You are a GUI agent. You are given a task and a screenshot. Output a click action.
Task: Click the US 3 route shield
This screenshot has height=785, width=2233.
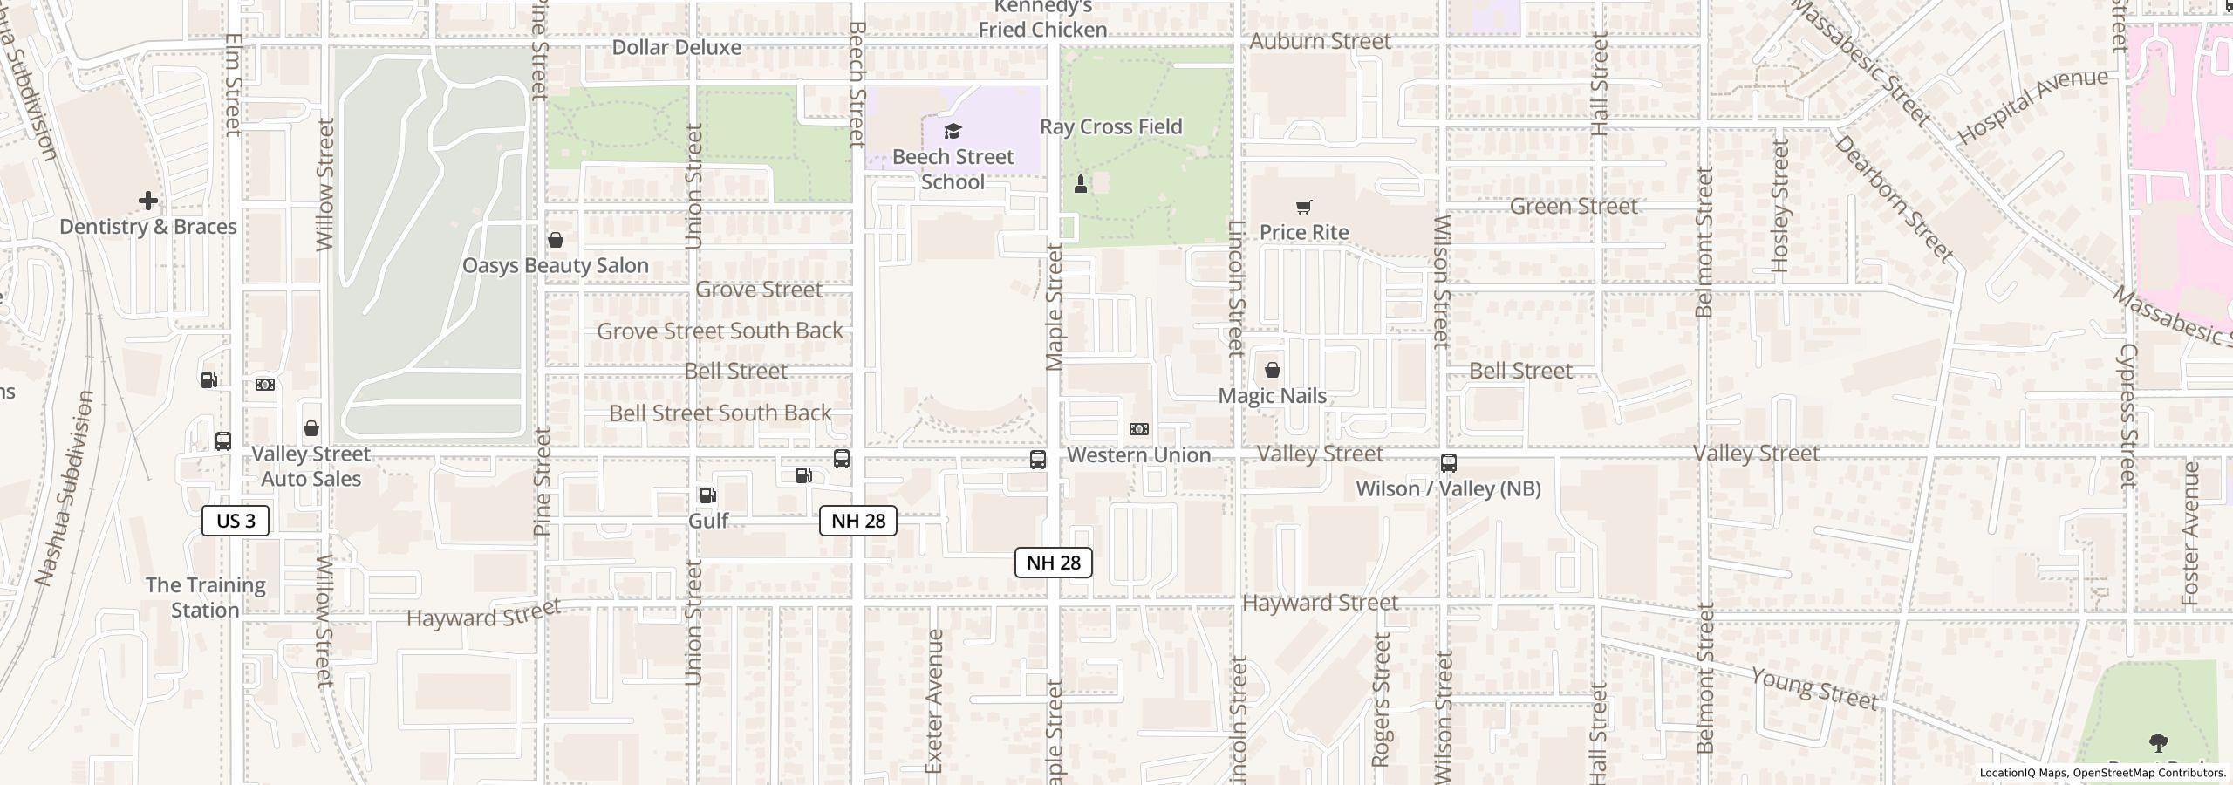pyautogui.click(x=236, y=521)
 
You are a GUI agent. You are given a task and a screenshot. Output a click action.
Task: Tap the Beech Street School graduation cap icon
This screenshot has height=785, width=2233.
pyautogui.click(x=953, y=132)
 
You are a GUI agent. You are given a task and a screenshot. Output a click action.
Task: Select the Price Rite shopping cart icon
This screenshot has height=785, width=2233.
pyautogui.click(x=1303, y=207)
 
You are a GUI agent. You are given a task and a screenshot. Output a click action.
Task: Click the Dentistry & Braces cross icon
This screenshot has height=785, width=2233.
pyautogui.click(x=148, y=201)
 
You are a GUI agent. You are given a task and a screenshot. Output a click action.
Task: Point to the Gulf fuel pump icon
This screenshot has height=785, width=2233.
pyautogui.click(x=707, y=495)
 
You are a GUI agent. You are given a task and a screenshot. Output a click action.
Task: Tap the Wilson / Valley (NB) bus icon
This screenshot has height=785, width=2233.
pyautogui.click(x=1448, y=463)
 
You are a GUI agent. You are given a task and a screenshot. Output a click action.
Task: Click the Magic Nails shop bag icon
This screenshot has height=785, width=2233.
pyautogui.click(x=1273, y=371)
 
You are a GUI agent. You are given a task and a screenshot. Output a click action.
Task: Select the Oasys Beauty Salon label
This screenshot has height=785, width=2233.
pyautogui.click(x=555, y=265)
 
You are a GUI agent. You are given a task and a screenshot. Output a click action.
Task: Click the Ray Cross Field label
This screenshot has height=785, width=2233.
pyautogui.click(x=1110, y=126)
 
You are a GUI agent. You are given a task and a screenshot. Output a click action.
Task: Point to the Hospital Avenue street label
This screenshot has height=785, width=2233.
pyautogui.click(x=2032, y=106)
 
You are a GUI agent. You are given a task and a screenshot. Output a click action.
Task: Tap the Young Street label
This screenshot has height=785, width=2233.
pyautogui.click(x=1814, y=689)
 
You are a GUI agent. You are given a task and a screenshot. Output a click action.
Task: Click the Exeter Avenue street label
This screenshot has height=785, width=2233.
pyautogui.click(x=934, y=700)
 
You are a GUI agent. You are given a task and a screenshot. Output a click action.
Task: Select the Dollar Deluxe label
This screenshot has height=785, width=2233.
pyautogui.click(x=676, y=47)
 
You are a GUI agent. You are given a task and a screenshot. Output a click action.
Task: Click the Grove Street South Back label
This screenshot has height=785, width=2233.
pyautogui.click(x=720, y=331)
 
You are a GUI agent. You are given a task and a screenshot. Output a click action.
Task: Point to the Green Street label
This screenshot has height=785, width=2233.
pyautogui.click(x=1573, y=207)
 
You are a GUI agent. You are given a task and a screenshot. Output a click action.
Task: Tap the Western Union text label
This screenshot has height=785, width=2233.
pyautogui.click(x=1138, y=454)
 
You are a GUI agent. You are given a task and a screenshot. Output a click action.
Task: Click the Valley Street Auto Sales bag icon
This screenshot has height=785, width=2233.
pyautogui.click(x=311, y=429)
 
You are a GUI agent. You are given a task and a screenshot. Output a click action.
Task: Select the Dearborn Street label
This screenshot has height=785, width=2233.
pyautogui.click(x=1893, y=198)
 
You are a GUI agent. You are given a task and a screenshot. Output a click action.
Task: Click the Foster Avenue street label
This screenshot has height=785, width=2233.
pyautogui.click(x=2190, y=534)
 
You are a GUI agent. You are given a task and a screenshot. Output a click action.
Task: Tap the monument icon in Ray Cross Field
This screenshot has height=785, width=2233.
pyautogui.click(x=1081, y=183)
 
